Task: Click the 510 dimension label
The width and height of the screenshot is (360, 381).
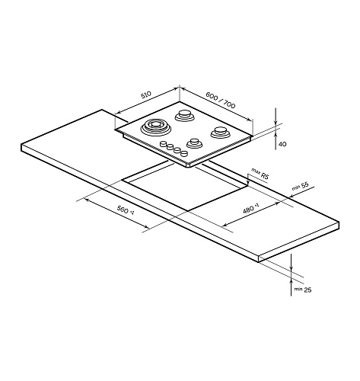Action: click(x=146, y=94)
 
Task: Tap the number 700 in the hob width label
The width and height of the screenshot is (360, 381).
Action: click(x=229, y=104)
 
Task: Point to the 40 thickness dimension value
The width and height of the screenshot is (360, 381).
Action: click(x=282, y=144)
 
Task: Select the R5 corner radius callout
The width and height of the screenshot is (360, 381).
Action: click(x=265, y=176)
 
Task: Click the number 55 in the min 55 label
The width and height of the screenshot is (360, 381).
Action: click(x=304, y=184)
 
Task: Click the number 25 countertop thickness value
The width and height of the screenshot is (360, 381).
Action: click(x=307, y=290)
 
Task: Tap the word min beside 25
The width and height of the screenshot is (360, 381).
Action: click(x=298, y=289)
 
